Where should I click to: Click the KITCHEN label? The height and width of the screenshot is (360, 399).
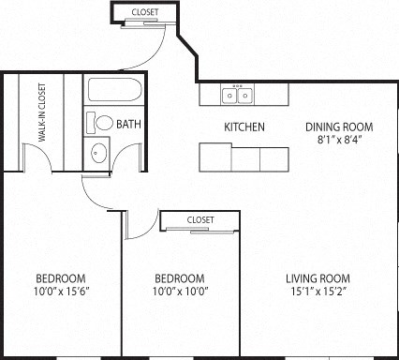[244, 127]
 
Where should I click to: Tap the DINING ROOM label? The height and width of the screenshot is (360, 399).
[339, 127]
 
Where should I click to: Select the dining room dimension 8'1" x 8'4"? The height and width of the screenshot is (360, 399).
[339, 142]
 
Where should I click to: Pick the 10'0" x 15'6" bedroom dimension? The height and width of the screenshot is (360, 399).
[61, 292]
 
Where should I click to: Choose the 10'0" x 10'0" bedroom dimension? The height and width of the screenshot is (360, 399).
[179, 292]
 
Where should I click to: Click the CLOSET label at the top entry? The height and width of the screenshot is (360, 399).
[144, 12]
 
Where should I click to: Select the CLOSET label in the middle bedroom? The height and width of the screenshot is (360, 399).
[200, 219]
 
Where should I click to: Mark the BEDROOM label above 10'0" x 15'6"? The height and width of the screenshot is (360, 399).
[61, 278]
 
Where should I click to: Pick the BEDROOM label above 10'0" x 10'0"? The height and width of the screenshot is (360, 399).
[179, 278]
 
